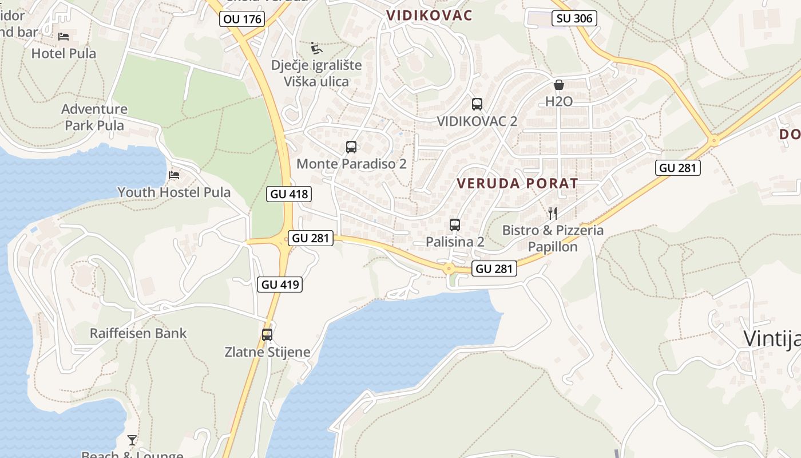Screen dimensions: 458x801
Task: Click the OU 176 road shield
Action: (x=242, y=19)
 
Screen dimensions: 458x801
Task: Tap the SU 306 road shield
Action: (x=574, y=18)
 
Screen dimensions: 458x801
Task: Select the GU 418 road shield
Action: (x=290, y=194)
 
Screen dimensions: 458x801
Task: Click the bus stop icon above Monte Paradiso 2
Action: (x=351, y=147)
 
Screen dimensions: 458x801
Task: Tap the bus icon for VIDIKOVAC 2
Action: (x=477, y=104)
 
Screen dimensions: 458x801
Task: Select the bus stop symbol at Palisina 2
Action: (x=455, y=225)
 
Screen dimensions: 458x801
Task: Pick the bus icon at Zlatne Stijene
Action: (x=267, y=335)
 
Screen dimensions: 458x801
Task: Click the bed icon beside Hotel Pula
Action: (x=64, y=37)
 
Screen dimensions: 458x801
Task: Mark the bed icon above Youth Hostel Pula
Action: (x=174, y=175)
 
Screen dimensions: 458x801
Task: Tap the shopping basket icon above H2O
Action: (x=559, y=85)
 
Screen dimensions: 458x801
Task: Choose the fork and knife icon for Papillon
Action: (x=553, y=214)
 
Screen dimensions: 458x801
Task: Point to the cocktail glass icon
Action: (x=132, y=440)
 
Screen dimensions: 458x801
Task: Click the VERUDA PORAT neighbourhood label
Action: (x=518, y=184)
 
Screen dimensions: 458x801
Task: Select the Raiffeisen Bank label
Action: (x=138, y=333)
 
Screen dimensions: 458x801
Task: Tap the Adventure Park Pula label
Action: (x=94, y=117)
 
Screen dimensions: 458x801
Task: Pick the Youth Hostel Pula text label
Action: (x=174, y=192)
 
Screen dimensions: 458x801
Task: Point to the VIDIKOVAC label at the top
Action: (x=430, y=15)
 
